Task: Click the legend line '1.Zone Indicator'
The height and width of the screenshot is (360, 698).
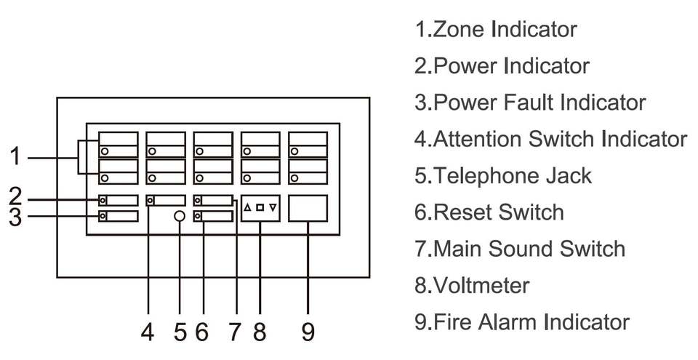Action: (496, 30)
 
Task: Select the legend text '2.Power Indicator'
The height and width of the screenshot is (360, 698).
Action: (502, 66)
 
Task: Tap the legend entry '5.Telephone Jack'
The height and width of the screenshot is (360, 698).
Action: (503, 175)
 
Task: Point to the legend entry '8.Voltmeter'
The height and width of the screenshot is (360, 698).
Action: (472, 285)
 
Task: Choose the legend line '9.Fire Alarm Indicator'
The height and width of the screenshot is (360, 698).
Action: (522, 321)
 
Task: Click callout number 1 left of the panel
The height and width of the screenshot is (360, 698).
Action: (16, 156)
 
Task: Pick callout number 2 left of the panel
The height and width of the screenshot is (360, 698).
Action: (16, 196)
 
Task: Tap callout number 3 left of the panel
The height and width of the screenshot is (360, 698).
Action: (16, 217)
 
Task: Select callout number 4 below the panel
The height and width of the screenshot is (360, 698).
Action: (148, 332)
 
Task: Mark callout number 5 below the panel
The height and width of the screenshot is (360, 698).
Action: (180, 332)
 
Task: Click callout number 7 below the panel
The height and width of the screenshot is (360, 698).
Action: (234, 332)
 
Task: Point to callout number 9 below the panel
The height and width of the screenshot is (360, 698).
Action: (308, 332)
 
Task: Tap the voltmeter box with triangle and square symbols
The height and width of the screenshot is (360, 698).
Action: (260, 208)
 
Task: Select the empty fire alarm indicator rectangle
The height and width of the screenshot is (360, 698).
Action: (308, 208)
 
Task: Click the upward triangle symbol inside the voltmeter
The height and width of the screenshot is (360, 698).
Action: (248, 207)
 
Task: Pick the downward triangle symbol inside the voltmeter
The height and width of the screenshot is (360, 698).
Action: (273, 207)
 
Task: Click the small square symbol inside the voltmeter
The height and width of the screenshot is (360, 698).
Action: (260, 207)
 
